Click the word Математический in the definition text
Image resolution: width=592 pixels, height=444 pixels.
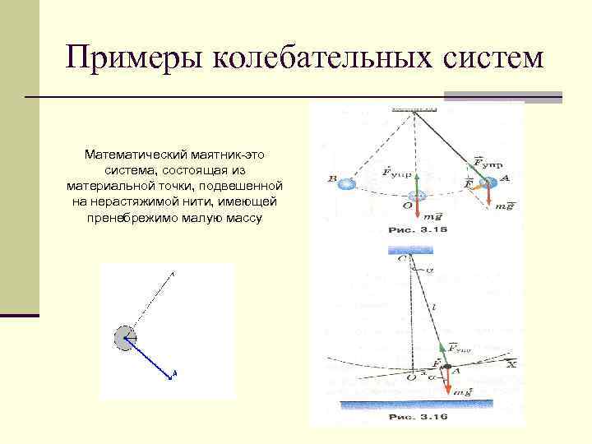[135, 155]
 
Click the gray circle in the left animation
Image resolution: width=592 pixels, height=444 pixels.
[124, 338]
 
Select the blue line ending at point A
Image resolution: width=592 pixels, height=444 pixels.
[153, 358]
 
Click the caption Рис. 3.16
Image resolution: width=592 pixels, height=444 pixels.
[418, 417]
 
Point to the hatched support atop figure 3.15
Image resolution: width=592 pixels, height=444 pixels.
[414, 109]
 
